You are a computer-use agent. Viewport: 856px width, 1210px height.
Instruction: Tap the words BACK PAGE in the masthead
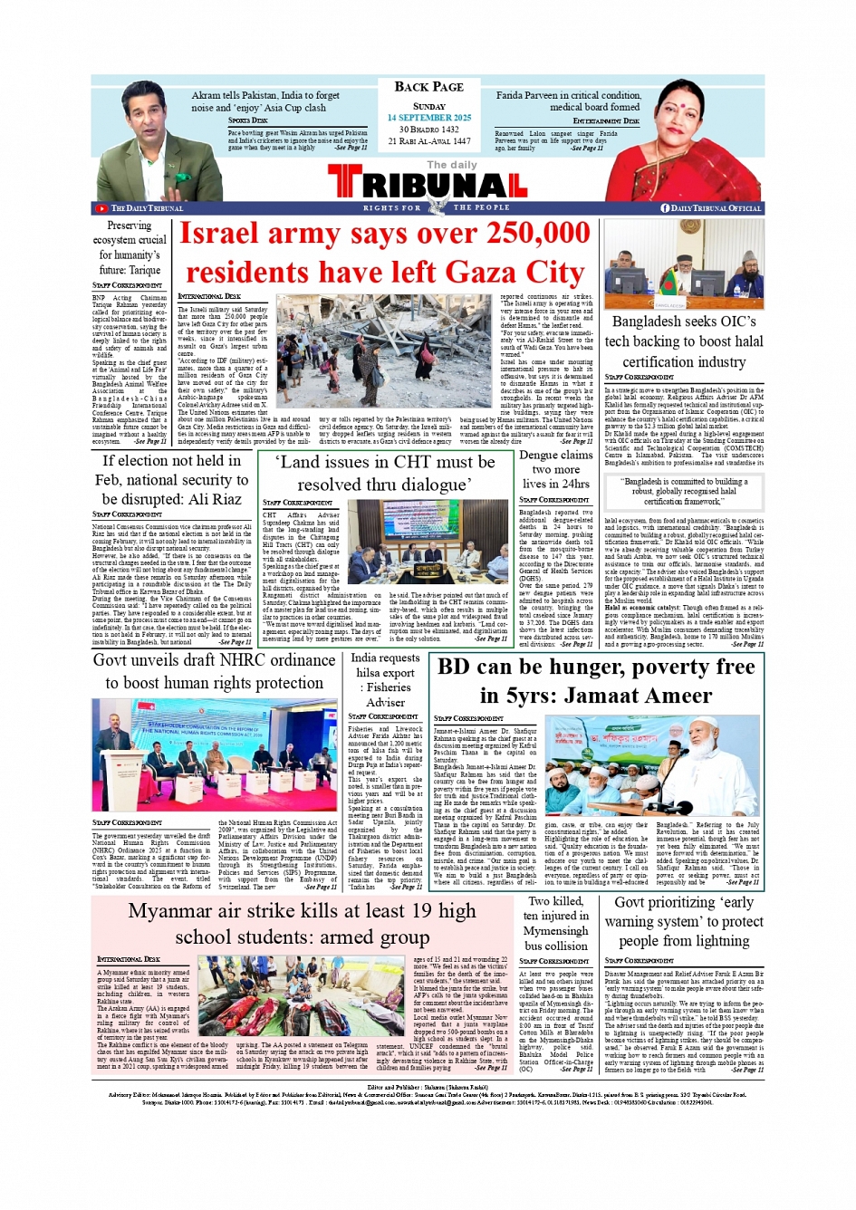coord(428,87)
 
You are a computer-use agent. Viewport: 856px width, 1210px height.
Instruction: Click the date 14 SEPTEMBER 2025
coord(428,118)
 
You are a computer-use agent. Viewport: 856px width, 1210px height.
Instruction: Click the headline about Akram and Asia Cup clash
coord(265,101)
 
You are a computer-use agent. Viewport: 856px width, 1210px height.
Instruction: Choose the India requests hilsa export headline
coord(385,679)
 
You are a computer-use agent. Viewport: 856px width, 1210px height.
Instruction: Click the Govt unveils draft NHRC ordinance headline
coord(214,671)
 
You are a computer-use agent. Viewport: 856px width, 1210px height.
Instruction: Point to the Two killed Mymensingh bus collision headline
coord(555,923)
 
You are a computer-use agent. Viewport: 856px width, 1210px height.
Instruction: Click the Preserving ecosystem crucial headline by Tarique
coord(130,247)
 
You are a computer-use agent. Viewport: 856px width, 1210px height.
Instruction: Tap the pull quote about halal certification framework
coord(683,491)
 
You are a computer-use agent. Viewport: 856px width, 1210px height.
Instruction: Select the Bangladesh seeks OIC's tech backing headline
coord(684,341)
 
